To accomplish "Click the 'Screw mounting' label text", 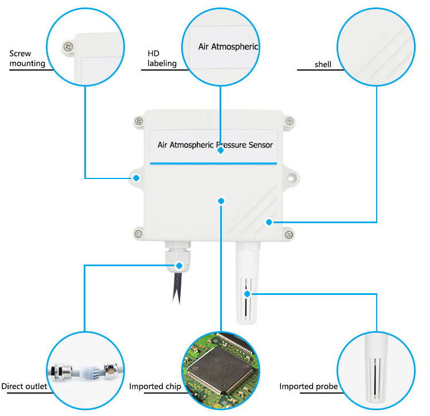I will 27,59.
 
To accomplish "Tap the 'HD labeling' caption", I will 162,59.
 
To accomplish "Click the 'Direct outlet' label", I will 24,387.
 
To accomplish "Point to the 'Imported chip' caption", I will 155,387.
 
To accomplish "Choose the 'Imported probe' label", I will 308,387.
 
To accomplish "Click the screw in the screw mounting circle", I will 68,46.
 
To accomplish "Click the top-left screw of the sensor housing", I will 138,121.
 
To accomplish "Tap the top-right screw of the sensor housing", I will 291,121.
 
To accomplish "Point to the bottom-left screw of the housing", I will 138,232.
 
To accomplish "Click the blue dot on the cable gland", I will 180,266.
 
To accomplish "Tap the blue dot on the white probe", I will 247,294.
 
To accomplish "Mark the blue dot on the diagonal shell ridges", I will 268,222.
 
